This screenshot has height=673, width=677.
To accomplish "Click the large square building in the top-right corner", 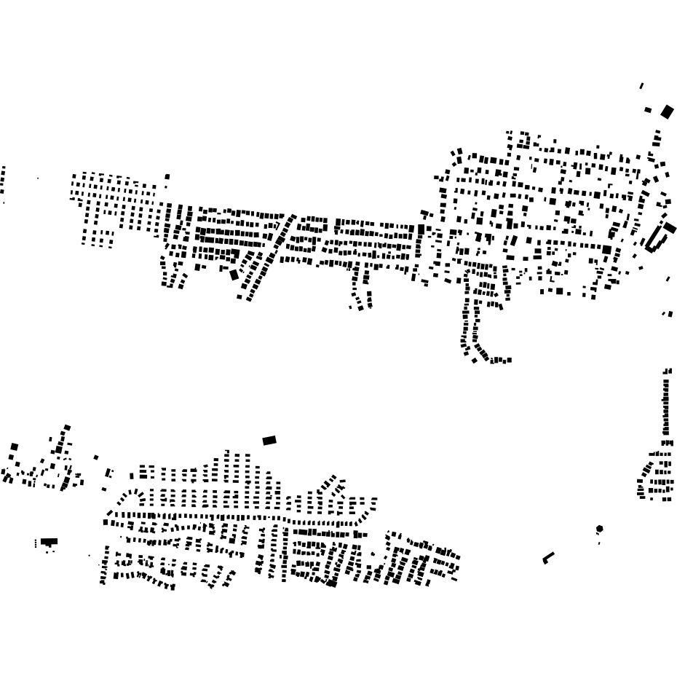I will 667,111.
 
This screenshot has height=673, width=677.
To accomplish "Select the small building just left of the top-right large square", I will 648,110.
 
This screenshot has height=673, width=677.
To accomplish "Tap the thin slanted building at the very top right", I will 641,86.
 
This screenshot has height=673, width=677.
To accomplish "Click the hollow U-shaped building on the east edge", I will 656,238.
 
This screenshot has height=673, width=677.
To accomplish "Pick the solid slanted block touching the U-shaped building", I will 670,228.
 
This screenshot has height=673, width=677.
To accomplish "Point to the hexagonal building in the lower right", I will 599,529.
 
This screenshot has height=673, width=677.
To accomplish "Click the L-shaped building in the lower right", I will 548,558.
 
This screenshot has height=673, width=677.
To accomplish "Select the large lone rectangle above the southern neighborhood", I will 269,440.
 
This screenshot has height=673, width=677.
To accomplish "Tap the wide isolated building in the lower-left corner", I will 49,542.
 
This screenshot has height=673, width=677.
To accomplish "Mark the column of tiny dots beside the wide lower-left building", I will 36,543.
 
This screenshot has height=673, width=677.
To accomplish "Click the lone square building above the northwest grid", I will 167,176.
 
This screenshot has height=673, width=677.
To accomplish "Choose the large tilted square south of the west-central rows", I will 234,275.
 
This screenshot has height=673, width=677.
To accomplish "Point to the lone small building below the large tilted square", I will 239,296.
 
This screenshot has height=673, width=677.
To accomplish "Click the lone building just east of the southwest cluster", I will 96,457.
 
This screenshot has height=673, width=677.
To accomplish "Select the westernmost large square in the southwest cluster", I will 14,447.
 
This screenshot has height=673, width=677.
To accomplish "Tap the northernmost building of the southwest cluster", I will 67,428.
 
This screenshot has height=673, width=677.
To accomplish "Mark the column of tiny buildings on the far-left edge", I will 3,180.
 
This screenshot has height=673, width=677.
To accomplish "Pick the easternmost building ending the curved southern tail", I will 509,360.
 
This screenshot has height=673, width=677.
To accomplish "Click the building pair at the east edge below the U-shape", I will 667,314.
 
